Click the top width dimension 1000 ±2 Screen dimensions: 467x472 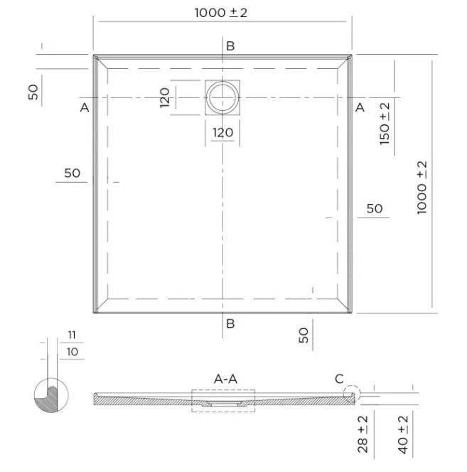click(220, 13)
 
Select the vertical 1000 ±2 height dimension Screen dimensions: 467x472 click(422, 188)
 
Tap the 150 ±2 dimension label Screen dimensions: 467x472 click(385, 124)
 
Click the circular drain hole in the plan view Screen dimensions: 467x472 click(222, 97)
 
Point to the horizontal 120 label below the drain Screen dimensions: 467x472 click(222, 132)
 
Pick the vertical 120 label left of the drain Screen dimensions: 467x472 click(165, 97)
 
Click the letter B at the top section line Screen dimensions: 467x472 click(230, 46)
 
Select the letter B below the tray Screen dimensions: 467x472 click(230, 323)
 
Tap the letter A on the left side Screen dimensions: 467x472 click(85, 107)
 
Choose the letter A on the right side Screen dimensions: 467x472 click(360, 107)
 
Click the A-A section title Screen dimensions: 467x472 click(225, 379)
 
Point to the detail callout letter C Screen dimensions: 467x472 click(339, 379)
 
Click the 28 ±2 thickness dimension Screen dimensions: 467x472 click(363, 434)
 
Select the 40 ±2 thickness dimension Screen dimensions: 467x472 click(403, 434)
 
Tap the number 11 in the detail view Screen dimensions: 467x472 click(72, 335)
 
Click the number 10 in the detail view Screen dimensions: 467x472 click(73, 352)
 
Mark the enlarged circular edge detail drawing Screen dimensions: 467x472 click(51, 395)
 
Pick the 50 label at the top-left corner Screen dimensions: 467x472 click(33, 92)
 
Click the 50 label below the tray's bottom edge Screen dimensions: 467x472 click(304, 335)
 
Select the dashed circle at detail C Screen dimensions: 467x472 click(352, 394)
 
